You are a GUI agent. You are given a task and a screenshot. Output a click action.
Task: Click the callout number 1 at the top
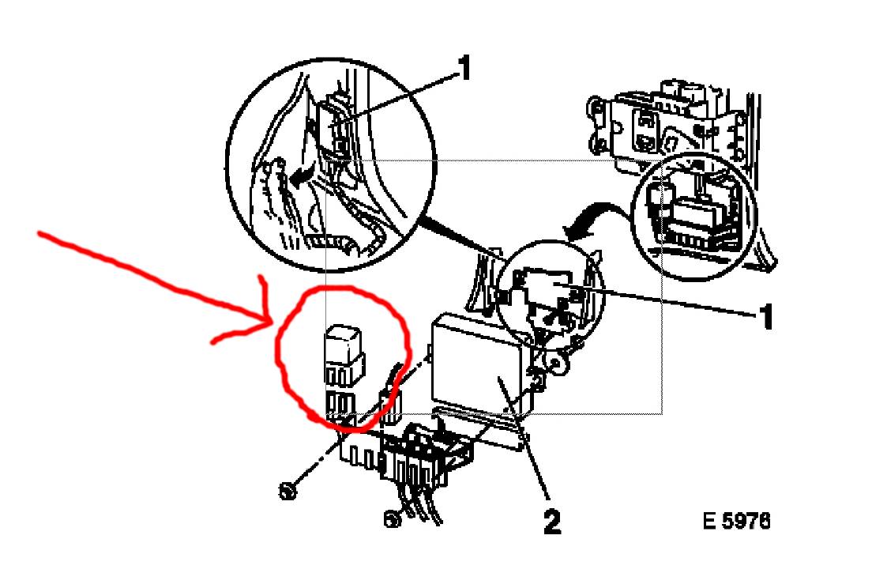coord(464,68)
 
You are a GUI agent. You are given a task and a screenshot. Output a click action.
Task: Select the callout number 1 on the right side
coord(766,317)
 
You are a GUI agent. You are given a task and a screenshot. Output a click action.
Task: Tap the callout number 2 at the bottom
coord(551,522)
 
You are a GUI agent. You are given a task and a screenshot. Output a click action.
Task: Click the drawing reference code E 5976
coord(736,522)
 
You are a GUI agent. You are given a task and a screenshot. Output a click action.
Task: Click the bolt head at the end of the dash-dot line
coord(287,492)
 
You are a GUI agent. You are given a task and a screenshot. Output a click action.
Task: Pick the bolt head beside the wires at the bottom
coord(392,518)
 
